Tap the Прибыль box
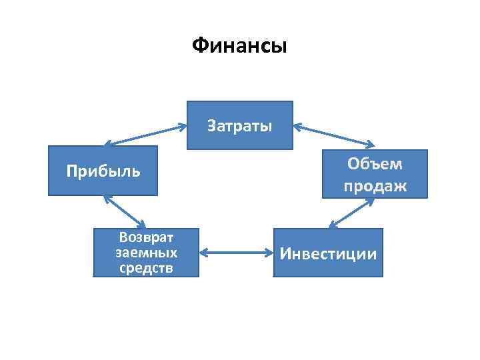coord(103,171)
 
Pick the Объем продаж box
coord(375,175)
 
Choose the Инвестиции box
coord(329,253)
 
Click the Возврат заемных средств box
coord(146,253)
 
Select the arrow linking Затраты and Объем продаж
coord(334,133)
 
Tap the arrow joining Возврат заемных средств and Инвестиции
coord(237,253)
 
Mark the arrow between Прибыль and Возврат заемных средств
coord(125,212)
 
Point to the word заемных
coord(146,253)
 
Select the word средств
coord(146,268)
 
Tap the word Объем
coord(375,164)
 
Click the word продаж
coord(375,186)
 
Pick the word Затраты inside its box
coord(240,125)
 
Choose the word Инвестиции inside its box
coord(329,254)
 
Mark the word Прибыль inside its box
coord(103,171)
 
